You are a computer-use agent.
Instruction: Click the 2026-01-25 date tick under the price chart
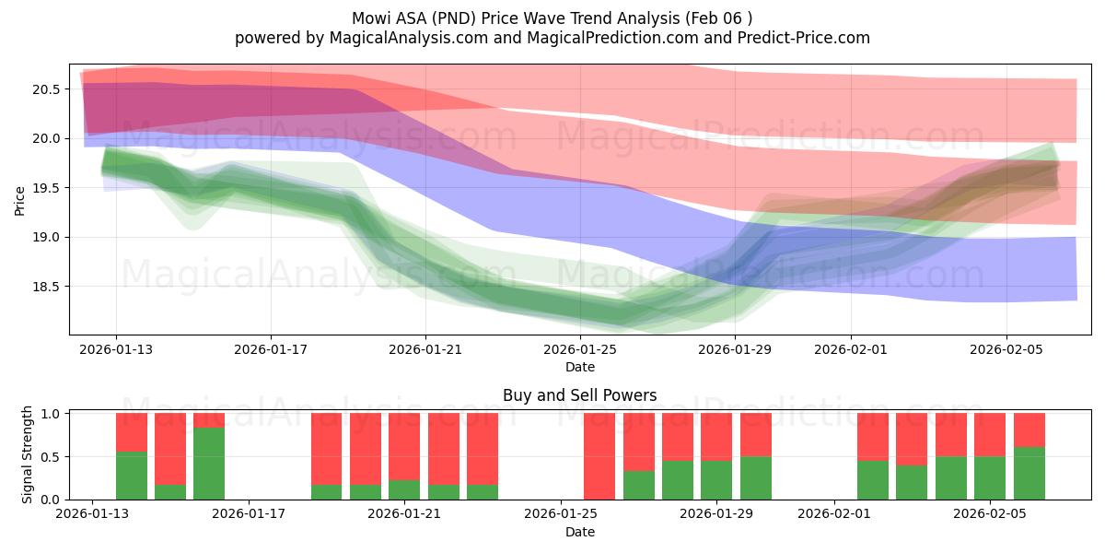coord(580,350)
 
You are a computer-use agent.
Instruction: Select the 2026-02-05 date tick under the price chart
coord(1006,350)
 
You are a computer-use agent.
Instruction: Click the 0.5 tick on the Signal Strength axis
coord(52,457)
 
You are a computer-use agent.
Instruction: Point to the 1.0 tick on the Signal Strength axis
coord(52,414)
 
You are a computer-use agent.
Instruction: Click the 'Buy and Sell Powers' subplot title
coord(579,395)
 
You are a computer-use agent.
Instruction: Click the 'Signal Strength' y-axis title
coord(28,455)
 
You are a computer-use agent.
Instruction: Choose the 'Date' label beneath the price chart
coord(579,367)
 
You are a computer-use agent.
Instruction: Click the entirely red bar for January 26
coord(599,456)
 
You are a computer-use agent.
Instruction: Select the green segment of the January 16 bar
coord(209,464)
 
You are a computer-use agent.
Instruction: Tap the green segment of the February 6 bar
coord(1029,474)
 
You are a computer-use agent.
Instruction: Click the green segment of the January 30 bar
coord(755,478)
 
